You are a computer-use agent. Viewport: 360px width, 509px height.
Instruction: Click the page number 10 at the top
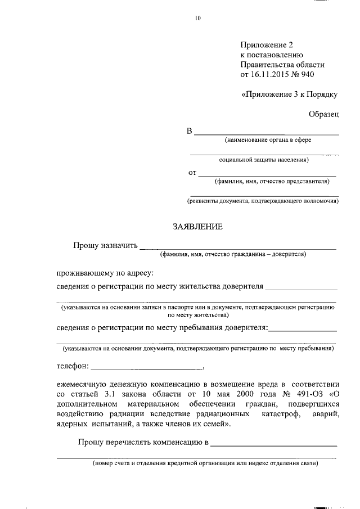pyautogui.click(x=197, y=18)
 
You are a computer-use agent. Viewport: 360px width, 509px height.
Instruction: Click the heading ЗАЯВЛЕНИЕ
pyautogui.click(x=197, y=227)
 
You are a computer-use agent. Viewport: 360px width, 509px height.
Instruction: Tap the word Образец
pyautogui.click(x=323, y=114)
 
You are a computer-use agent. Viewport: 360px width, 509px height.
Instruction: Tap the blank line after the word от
pyautogui.click(x=267, y=174)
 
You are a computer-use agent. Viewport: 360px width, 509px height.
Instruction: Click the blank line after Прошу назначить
pyautogui.click(x=237, y=246)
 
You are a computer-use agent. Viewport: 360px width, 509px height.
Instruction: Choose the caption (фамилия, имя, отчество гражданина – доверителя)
pyautogui.click(x=233, y=254)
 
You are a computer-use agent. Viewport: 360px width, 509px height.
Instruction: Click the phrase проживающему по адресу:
pyautogui.click(x=105, y=273)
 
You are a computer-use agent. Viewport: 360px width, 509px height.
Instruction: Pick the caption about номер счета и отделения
pyautogui.click(x=206, y=464)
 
